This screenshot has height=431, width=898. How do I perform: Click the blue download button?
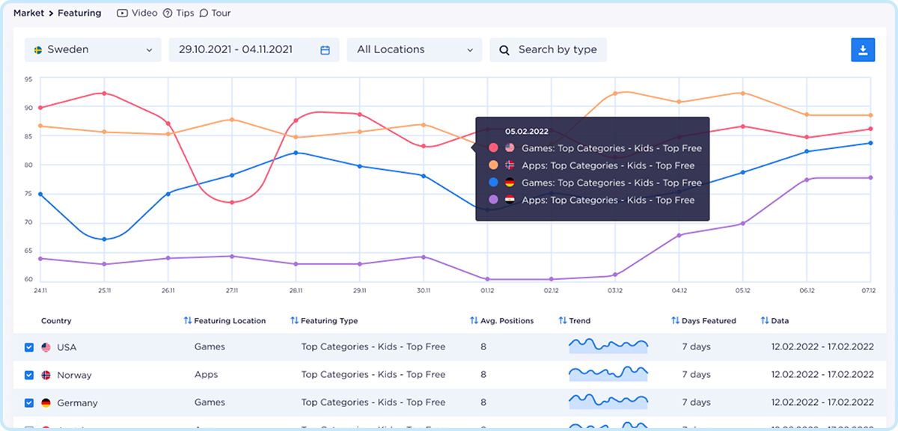[863, 49]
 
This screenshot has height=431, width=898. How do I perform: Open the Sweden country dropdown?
[93, 50]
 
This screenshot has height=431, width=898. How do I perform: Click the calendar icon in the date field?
[326, 50]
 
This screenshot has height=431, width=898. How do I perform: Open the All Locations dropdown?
[415, 50]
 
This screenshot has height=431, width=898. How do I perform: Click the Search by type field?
[549, 50]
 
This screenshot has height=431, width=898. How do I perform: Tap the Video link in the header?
[138, 13]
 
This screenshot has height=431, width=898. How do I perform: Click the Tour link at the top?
[216, 13]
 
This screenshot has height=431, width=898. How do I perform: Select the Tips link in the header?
[179, 13]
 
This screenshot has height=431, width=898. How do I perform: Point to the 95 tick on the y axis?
[28, 79]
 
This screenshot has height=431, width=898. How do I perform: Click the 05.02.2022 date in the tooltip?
[526, 131]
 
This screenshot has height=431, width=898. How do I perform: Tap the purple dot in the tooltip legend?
[493, 200]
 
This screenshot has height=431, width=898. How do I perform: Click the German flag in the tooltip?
[510, 183]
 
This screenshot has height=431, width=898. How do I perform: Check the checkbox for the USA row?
[29, 347]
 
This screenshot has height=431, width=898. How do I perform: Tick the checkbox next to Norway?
[29, 375]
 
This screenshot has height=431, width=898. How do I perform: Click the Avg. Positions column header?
[507, 321]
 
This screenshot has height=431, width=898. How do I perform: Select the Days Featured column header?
[708, 321]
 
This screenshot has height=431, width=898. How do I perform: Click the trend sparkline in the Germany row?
[608, 401]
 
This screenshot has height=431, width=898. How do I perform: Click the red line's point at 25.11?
[104, 94]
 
